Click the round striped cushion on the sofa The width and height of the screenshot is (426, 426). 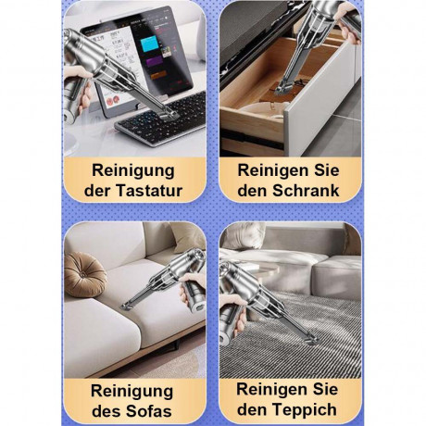(85, 274)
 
